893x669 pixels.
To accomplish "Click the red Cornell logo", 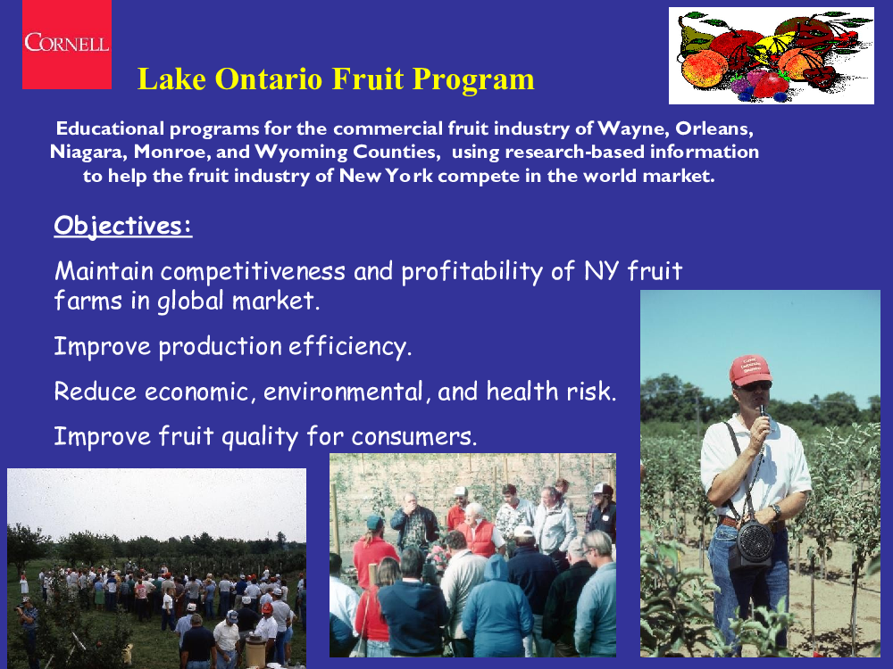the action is pos(67,45).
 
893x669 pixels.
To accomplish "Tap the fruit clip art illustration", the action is pos(772,55).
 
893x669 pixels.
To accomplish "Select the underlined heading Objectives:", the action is pos(123,226).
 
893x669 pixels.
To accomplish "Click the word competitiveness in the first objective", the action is pos(253,271).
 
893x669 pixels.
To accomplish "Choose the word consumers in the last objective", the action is pos(414,437).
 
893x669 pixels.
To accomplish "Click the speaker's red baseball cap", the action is pos(750,370).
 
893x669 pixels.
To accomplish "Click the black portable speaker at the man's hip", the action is pos(755,544).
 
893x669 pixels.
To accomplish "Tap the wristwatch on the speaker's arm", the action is pos(776,509).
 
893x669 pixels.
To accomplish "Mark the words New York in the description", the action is pos(386,176).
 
